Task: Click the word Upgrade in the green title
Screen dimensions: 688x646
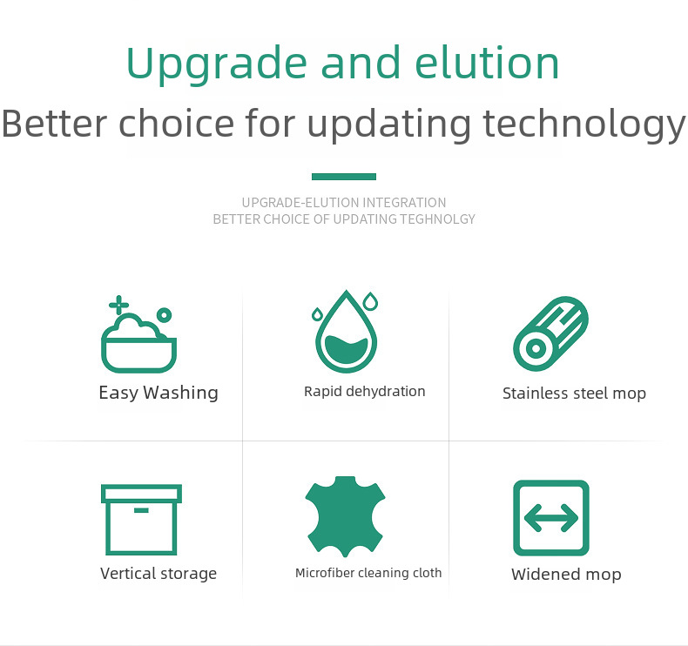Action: click(x=216, y=65)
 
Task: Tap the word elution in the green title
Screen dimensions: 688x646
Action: click(x=487, y=63)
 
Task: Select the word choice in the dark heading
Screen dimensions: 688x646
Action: click(x=177, y=123)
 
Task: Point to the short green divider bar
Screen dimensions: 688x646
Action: click(x=344, y=177)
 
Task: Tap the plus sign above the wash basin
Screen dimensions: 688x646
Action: click(x=119, y=305)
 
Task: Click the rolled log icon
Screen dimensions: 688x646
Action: click(x=550, y=333)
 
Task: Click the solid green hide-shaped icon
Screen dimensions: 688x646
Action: click(x=346, y=516)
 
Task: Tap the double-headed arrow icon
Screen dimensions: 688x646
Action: click(x=551, y=518)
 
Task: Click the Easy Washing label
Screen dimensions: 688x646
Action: click(x=159, y=393)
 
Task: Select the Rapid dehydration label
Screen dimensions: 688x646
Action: click(x=365, y=391)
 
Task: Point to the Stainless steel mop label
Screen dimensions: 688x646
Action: click(x=574, y=394)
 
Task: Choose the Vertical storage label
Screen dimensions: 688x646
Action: click(x=159, y=574)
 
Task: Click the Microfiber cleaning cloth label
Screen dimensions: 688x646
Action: click(x=368, y=573)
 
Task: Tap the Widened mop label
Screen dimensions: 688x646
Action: click(x=566, y=574)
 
